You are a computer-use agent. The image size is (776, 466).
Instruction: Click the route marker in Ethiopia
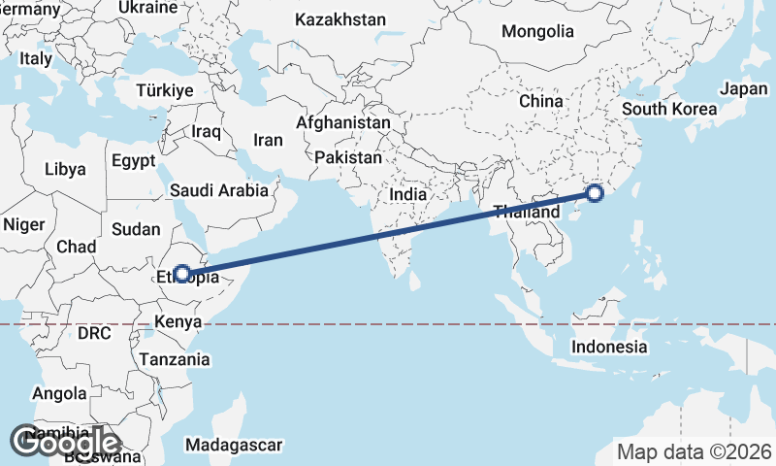click(181, 274)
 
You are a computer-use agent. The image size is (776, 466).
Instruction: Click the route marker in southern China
click(595, 194)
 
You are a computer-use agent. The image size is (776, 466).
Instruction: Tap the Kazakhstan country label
click(340, 19)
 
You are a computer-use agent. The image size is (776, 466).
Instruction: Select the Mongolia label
click(537, 31)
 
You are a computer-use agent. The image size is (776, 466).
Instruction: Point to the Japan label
click(744, 89)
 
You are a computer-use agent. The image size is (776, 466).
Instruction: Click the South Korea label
click(669, 109)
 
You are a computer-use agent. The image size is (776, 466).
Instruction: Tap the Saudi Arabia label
click(218, 191)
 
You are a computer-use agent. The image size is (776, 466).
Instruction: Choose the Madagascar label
click(234, 446)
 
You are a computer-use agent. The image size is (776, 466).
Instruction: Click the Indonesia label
click(609, 347)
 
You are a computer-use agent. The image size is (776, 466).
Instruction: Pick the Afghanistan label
click(343, 124)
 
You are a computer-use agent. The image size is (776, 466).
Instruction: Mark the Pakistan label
click(348, 156)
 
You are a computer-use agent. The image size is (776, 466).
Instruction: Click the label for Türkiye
click(166, 89)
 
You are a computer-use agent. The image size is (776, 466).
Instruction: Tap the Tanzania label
click(175, 359)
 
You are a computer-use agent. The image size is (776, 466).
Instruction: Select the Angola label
click(59, 394)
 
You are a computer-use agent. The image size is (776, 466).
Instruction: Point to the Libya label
click(65, 169)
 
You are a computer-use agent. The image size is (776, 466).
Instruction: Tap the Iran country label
click(268, 140)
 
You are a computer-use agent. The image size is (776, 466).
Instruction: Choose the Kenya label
click(178, 321)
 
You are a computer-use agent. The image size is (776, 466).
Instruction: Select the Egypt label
click(134, 160)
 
